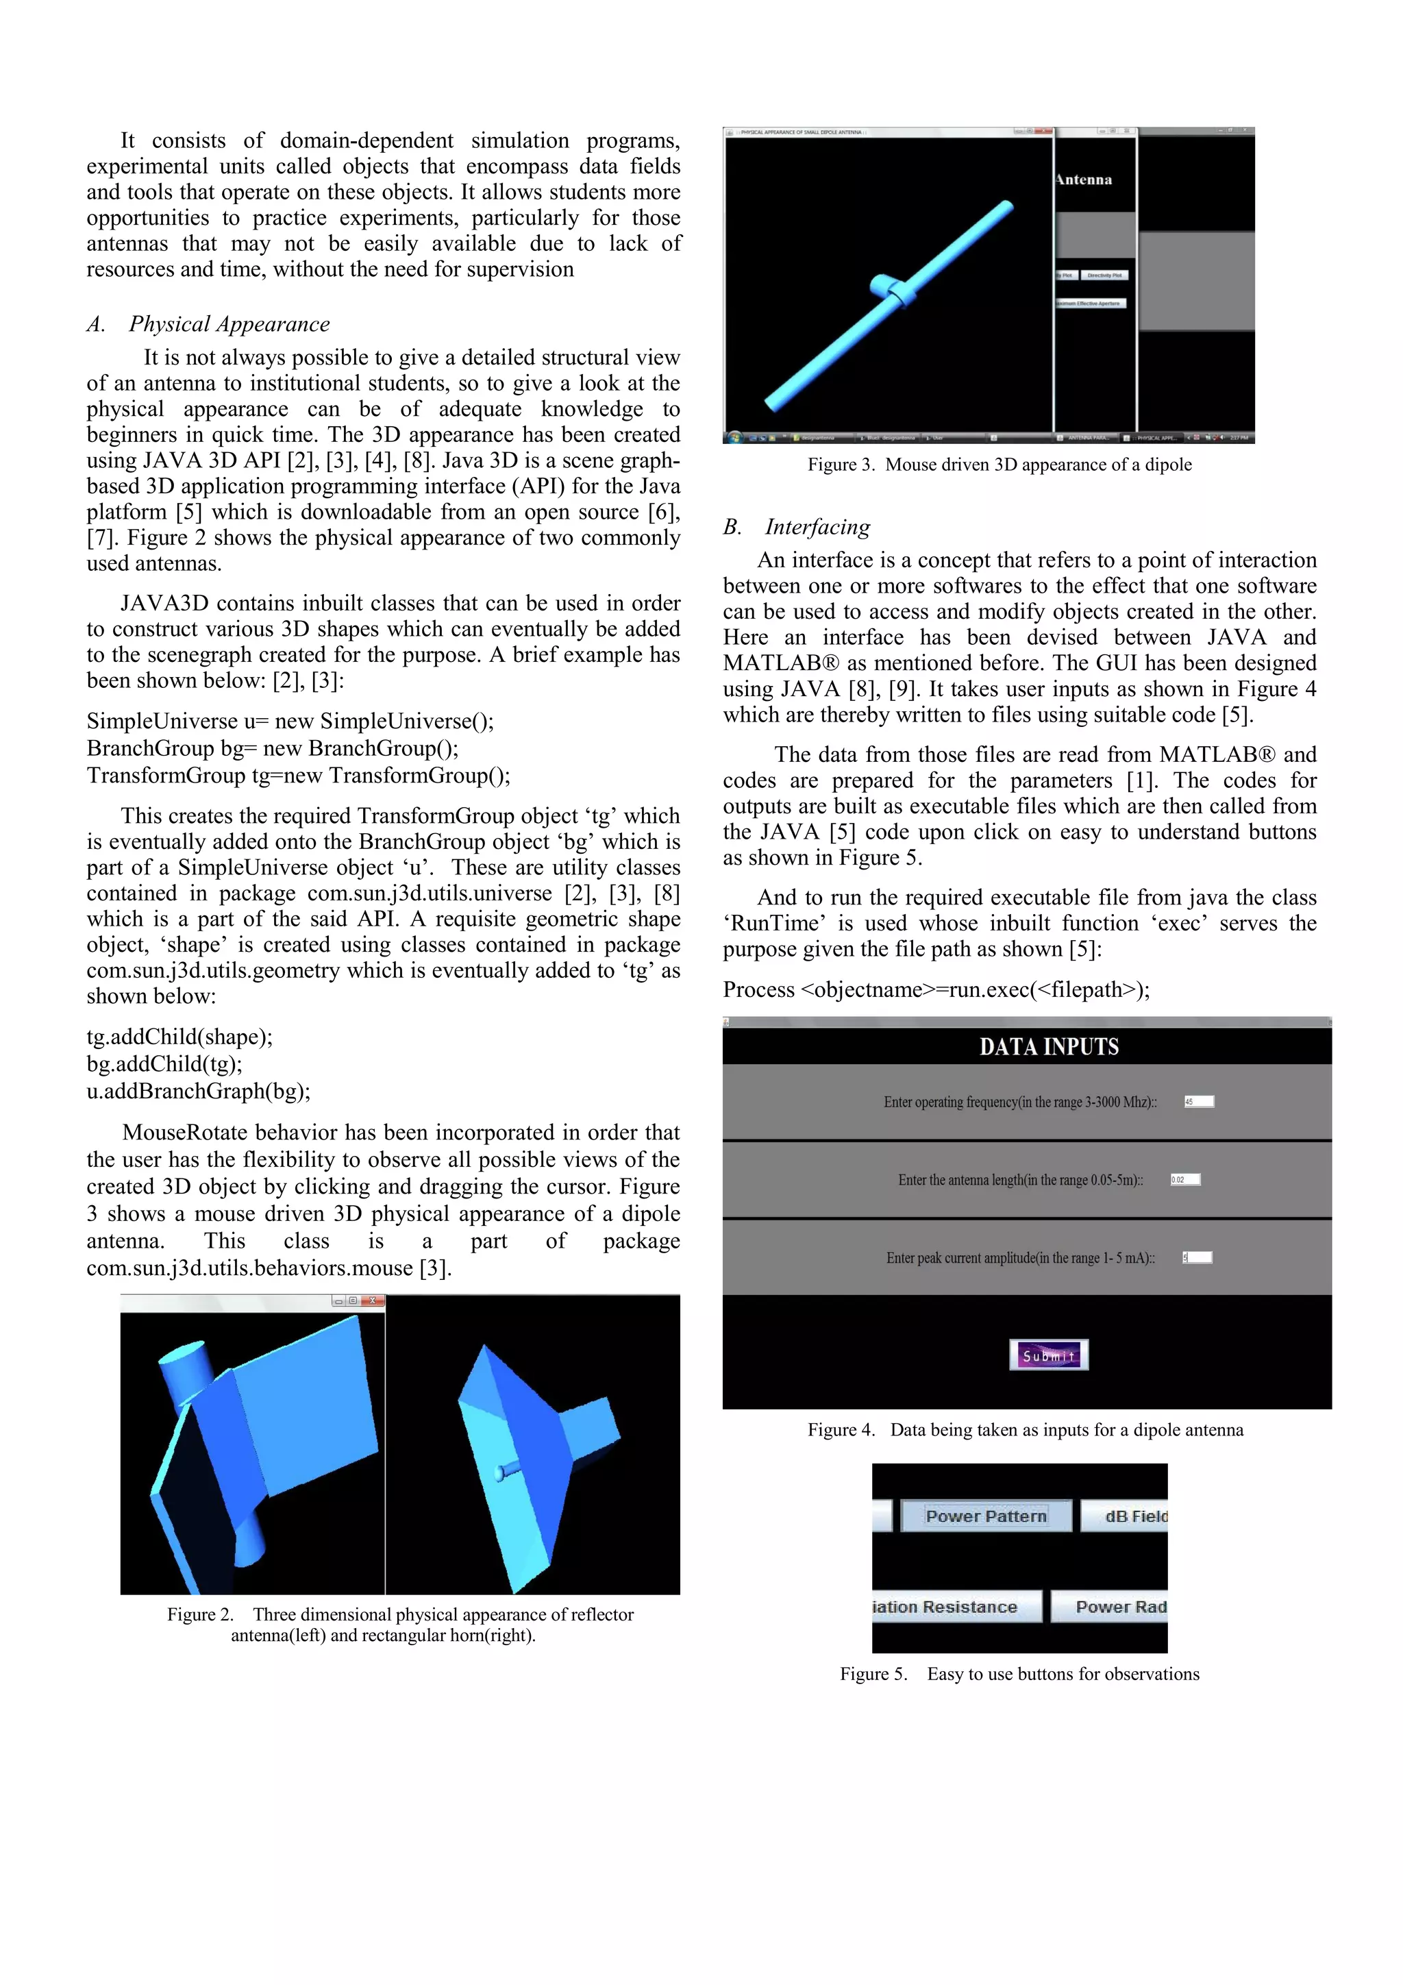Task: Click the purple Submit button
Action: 1049,1355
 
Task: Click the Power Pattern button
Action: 986,1516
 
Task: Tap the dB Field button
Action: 1134,1516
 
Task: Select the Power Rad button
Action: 1119,1606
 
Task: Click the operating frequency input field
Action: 1199,1101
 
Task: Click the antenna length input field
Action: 1185,1179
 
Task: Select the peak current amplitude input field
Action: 1197,1257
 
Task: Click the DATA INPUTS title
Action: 1049,1047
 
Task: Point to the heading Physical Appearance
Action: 229,324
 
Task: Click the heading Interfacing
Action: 817,526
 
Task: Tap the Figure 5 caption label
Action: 1019,1674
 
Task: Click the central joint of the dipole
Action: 895,291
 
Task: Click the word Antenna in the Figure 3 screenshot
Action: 1084,180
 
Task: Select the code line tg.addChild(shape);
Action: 179,1037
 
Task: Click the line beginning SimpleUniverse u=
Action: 290,721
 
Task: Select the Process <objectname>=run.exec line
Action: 936,989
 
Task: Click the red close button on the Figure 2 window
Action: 373,1300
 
